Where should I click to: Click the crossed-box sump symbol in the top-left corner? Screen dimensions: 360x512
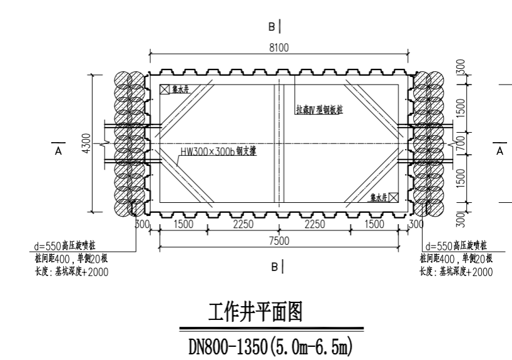point(164,90)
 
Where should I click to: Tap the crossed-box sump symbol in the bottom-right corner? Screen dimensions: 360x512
point(394,197)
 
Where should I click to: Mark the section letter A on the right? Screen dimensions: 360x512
point(499,151)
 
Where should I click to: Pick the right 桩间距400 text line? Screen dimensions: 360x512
point(457,259)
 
